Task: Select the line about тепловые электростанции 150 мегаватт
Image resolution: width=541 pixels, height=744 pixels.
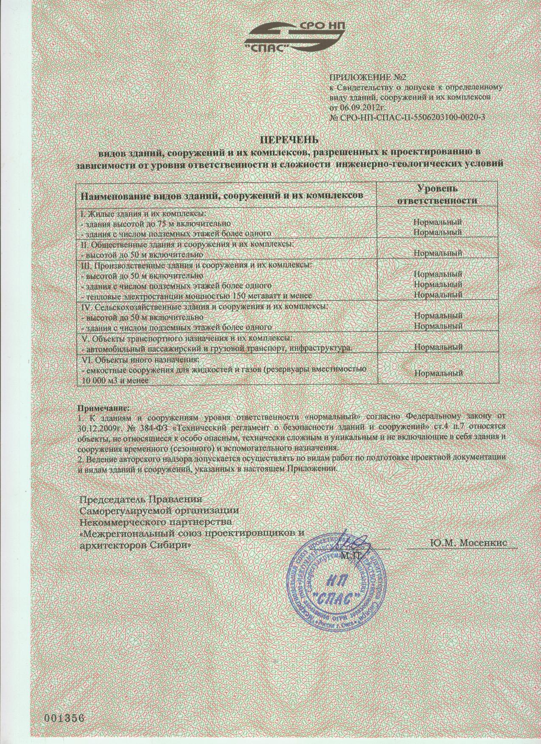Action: pyautogui.click(x=196, y=295)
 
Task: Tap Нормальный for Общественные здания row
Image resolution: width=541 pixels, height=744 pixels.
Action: pyautogui.click(x=437, y=254)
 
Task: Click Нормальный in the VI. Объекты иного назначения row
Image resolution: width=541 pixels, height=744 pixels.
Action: pyautogui.click(x=437, y=373)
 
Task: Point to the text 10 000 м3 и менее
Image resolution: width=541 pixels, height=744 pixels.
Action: pyautogui.click(x=114, y=381)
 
